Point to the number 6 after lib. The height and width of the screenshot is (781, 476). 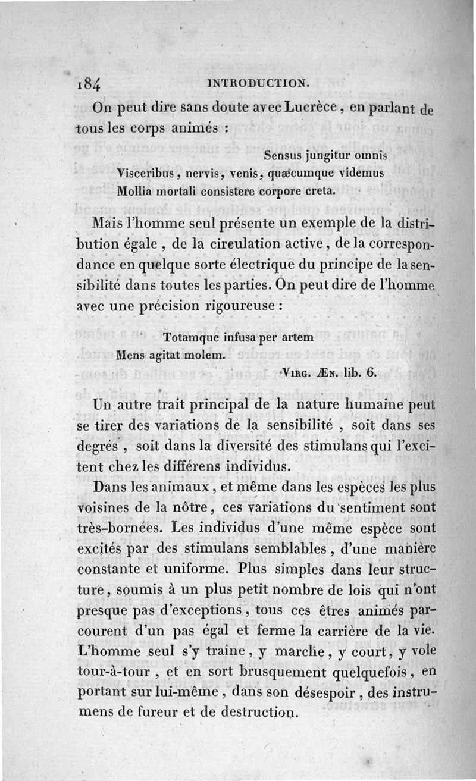(x=371, y=373)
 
